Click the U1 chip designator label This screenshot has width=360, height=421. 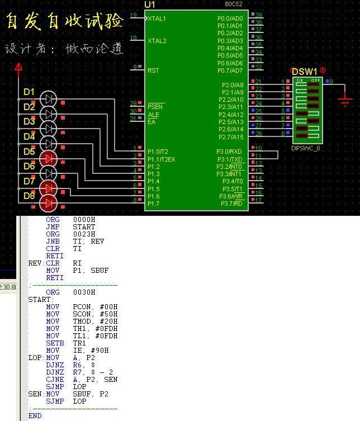click(x=149, y=4)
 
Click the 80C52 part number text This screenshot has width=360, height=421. click(x=234, y=5)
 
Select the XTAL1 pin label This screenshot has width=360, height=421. click(x=157, y=18)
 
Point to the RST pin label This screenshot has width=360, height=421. click(x=153, y=70)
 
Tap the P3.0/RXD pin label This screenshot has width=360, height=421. click(x=230, y=152)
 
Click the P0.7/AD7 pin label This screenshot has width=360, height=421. click(x=230, y=70)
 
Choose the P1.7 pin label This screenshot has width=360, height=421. click(x=154, y=204)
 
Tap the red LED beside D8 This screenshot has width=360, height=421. click(x=49, y=202)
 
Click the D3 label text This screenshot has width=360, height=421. click(x=29, y=121)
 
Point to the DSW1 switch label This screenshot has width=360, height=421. click(x=305, y=72)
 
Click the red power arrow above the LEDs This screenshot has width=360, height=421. click(x=18, y=68)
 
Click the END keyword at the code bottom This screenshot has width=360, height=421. click(x=35, y=415)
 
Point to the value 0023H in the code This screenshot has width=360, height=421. click(x=84, y=234)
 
